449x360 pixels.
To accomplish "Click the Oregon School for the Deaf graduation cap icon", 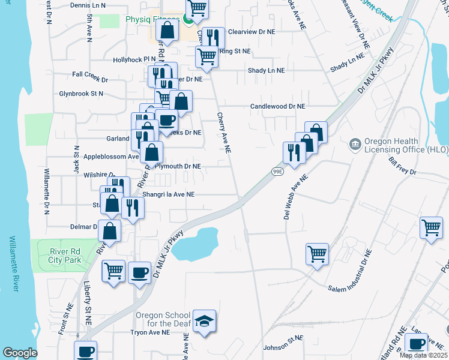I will pos(204,320).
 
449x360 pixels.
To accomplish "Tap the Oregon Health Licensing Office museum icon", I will pos(354,144).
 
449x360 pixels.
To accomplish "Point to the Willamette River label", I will pos(13,263).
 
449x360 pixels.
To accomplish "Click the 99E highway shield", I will pos(277,171).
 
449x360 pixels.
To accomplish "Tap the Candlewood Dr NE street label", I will pos(277,106).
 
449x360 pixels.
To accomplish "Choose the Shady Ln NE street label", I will pos(267,70).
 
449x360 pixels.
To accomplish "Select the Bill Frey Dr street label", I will pos(402,166).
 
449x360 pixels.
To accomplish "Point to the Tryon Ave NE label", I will pos(151,332).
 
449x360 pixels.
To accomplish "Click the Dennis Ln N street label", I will pos(88,5).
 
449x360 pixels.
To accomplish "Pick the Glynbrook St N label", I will pos(81,94).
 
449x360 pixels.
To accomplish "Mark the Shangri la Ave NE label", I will pos(169,194).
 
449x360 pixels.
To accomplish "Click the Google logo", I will pos(20,353).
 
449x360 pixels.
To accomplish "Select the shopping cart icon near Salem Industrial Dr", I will pos(317,253).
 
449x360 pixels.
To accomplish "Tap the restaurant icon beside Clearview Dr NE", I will pos(213,37).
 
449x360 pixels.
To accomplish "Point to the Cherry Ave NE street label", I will pos(224,133).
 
